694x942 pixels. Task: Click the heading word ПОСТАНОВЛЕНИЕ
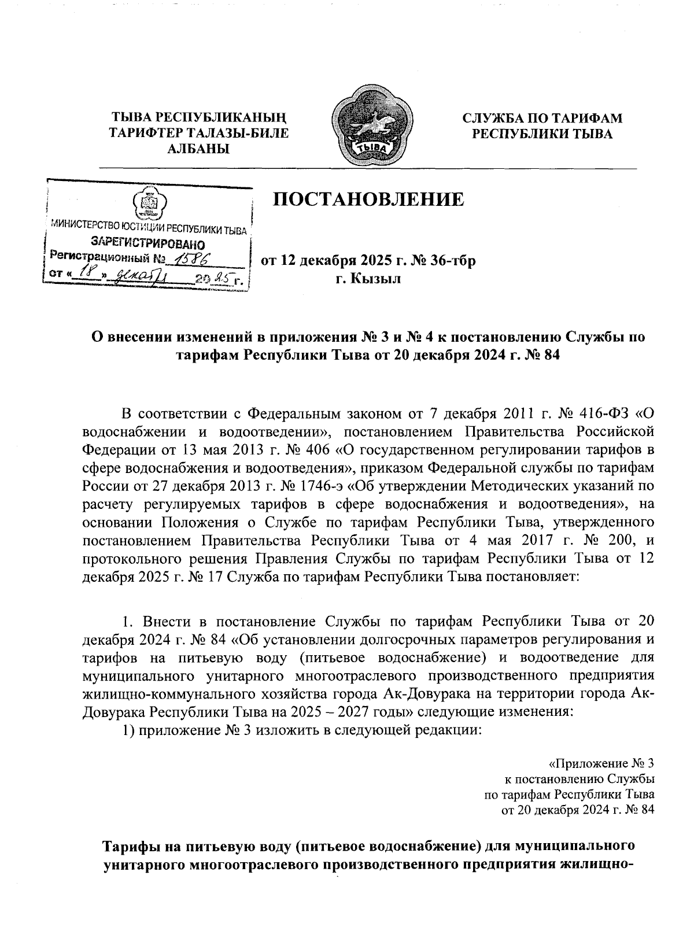tap(368, 200)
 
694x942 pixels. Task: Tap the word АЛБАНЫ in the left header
tap(198, 149)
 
